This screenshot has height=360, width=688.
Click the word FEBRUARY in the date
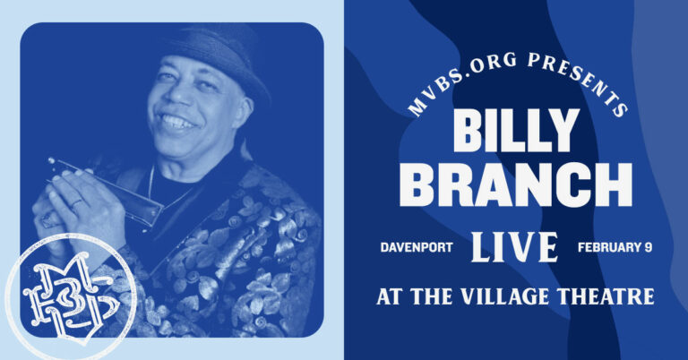(x=606, y=244)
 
